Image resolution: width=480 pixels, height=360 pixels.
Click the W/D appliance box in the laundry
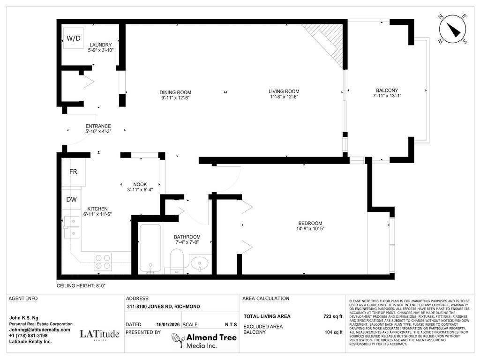click(x=73, y=37)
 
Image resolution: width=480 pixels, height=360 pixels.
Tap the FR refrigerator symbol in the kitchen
click(x=73, y=172)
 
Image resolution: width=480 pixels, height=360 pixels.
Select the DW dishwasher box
click(x=71, y=199)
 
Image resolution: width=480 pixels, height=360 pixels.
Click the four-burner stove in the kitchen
click(x=103, y=261)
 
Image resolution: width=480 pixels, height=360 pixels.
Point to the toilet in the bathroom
click(x=176, y=260)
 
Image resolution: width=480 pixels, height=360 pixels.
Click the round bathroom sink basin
click(x=201, y=263)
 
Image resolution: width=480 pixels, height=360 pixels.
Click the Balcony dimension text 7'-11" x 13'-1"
click(x=387, y=96)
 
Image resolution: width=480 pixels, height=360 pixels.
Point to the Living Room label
click(x=284, y=91)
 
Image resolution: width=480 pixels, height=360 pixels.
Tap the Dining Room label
click(x=176, y=92)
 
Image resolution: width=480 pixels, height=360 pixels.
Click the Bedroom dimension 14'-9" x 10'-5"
click(x=310, y=229)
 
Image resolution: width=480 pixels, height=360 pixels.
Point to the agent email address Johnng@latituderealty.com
click(x=39, y=330)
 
